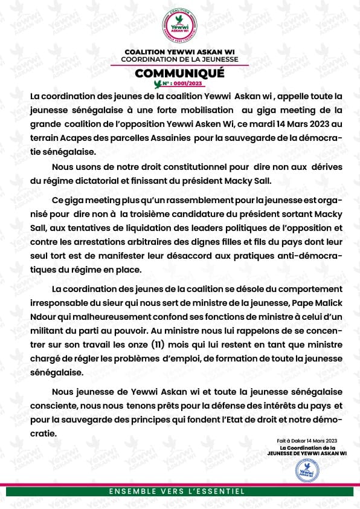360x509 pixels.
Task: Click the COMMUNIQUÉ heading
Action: pyautogui.click(x=179, y=73)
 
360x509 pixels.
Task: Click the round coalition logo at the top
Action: pyautogui.click(x=180, y=26)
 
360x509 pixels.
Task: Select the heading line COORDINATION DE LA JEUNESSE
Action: pyautogui.click(x=179, y=59)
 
